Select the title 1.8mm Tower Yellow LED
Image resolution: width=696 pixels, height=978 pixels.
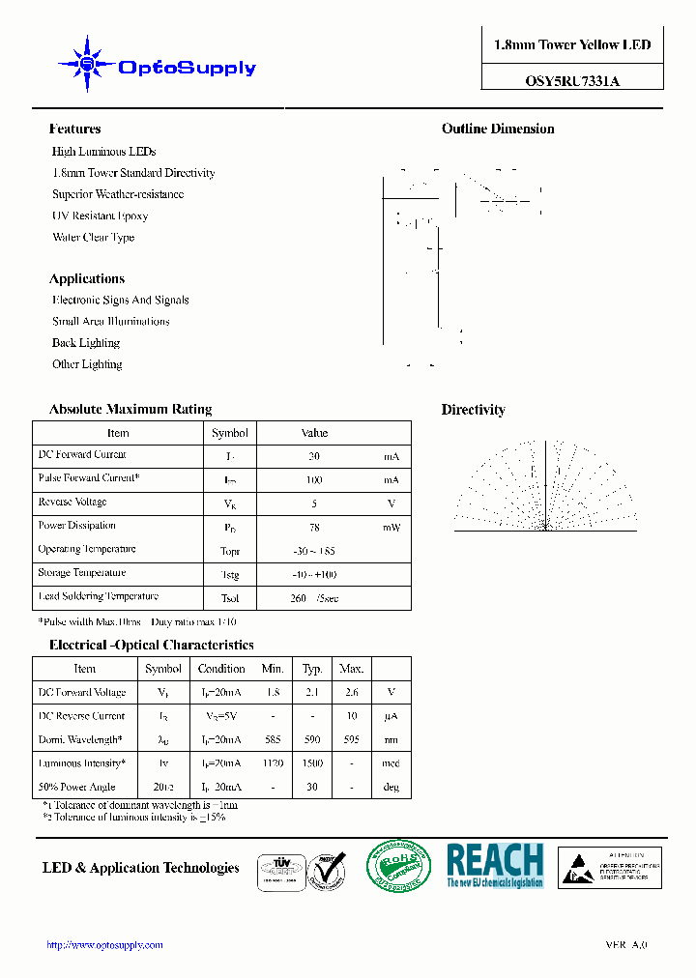point(572,45)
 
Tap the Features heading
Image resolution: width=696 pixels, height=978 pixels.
point(74,129)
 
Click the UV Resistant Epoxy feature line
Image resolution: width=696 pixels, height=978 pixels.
point(100,216)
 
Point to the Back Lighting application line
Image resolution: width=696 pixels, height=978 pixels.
point(86,343)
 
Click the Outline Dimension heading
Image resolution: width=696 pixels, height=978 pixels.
point(498,129)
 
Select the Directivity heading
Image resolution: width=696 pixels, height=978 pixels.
point(473,410)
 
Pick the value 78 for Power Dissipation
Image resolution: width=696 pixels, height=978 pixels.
point(313,528)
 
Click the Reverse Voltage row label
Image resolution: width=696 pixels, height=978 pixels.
point(72,503)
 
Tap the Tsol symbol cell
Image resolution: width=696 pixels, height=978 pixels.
point(230,598)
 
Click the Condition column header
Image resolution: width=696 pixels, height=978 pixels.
point(221,669)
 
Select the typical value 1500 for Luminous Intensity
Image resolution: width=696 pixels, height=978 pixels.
point(312,763)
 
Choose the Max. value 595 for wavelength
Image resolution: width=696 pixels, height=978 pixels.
point(351,739)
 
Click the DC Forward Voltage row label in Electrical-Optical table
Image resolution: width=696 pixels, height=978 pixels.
point(82,693)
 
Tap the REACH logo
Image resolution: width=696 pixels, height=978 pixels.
point(495,865)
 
